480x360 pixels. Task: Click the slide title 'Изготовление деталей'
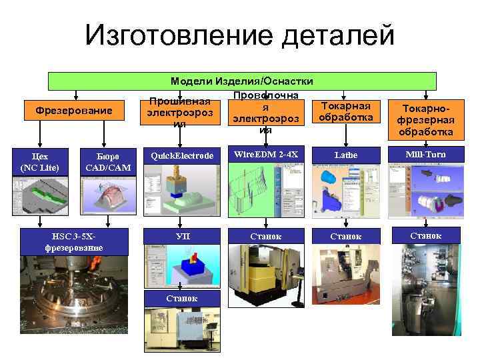(x=240, y=35)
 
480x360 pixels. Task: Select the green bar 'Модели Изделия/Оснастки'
(x=242, y=81)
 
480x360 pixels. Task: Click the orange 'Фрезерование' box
(x=73, y=110)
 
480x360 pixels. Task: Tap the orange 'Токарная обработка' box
(x=345, y=111)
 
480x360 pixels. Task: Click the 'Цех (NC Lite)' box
(x=39, y=161)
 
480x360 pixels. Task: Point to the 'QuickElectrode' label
(x=181, y=156)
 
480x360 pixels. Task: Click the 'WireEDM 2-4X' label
(x=265, y=155)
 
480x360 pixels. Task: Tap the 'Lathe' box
(x=345, y=155)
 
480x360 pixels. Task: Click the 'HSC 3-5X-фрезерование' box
(x=73, y=242)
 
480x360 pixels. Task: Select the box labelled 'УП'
(x=181, y=236)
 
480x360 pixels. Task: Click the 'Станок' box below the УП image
(x=181, y=297)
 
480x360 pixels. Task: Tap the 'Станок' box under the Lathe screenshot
(x=345, y=236)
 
